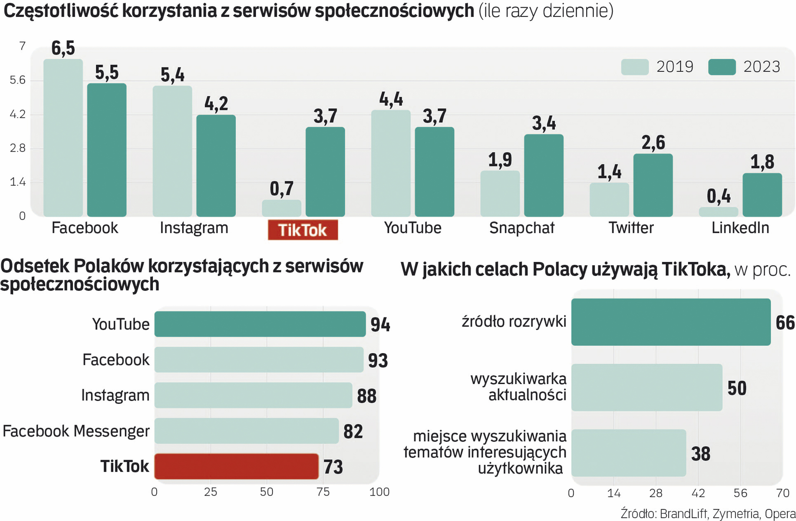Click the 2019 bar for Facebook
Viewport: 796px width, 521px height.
coord(63,138)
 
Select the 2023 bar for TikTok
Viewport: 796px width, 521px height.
coord(325,172)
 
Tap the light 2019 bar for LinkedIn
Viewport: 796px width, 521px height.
coord(718,212)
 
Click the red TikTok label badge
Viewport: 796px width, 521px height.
coord(303,230)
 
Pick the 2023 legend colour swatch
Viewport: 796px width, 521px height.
coord(722,67)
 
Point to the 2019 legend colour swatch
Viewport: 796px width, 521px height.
coord(634,67)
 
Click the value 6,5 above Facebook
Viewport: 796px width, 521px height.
coord(63,48)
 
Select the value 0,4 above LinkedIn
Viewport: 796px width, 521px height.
coord(718,196)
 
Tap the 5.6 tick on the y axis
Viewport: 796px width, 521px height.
coord(18,80)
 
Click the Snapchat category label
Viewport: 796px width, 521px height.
coord(522,228)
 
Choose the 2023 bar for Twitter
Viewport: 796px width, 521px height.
coord(653,185)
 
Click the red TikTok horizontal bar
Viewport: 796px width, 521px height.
coord(236,466)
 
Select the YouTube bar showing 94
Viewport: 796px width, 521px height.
coord(260,324)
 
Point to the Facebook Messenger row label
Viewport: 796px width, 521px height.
coord(76,431)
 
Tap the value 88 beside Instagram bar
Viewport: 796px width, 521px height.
coord(366,396)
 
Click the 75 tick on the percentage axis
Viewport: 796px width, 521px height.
coord(323,492)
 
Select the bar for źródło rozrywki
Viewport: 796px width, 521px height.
coord(671,322)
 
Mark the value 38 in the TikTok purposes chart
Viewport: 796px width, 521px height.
coord(701,453)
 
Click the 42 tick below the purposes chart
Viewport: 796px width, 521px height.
coord(698,493)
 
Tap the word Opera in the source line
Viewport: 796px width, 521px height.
coord(780,514)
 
